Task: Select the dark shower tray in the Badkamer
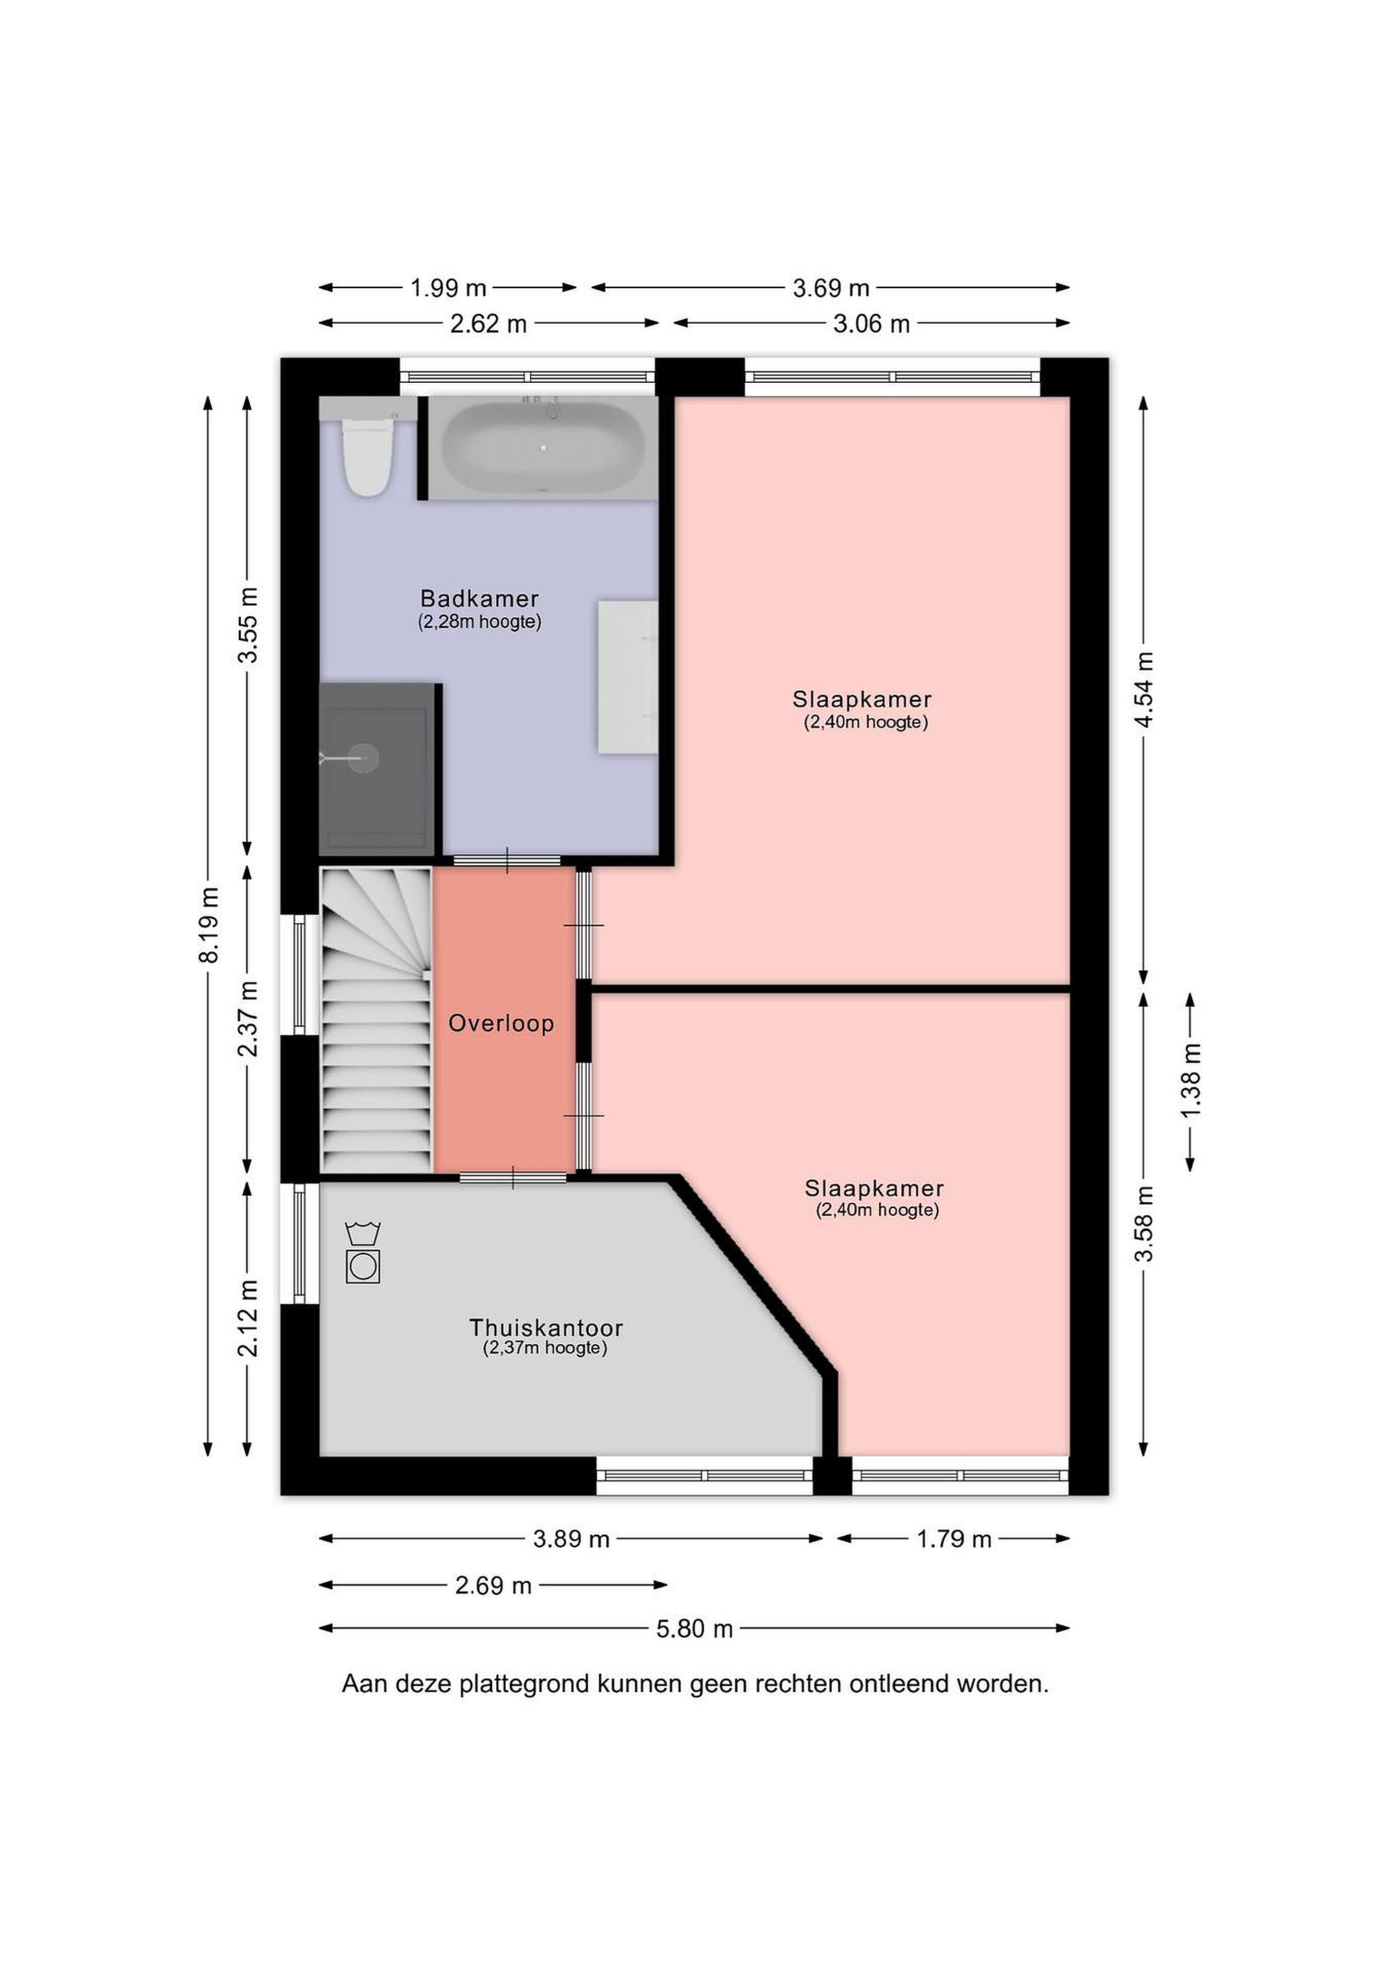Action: (x=375, y=768)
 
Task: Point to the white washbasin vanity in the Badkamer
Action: (x=629, y=677)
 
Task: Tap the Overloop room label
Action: (x=501, y=1023)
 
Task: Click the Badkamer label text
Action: (x=480, y=598)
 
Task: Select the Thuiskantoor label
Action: (x=546, y=1327)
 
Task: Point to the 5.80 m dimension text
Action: (x=695, y=1628)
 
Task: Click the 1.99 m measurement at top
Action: (x=448, y=287)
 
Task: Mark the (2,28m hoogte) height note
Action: (x=480, y=622)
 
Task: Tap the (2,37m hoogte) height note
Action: (x=546, y=1348)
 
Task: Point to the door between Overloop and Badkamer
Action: (x=507, y=860)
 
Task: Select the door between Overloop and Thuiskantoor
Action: (x=513, y=1177)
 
